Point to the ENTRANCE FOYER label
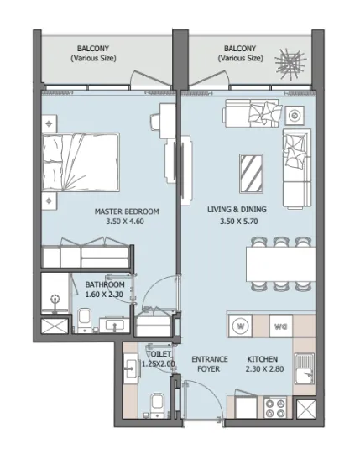click(x=209, y=362)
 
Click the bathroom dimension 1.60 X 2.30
click(x=105, y=295)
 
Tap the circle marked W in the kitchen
click(x=241, y=325)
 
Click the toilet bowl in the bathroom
click(x=85, y=318)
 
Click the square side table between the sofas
click(x=295, y=114)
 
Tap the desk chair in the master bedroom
click(x=157, y=122)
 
